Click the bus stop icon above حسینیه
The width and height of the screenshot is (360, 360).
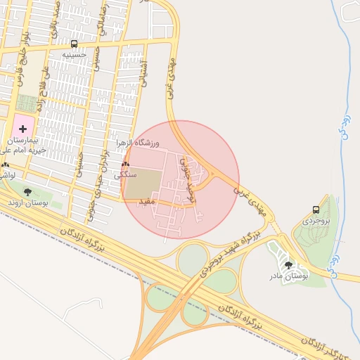[x=75, y=44]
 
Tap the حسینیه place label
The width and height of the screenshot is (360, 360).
[x=75, y=54]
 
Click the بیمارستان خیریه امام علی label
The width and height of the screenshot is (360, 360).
[x=21, y=145]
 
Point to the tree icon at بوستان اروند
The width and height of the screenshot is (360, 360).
[x=27, y=191]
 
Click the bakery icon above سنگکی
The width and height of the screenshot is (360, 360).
[x=125, y=164]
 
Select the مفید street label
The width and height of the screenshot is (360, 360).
[x=145, y=202]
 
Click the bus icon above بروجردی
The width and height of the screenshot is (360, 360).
[x=315, y=210]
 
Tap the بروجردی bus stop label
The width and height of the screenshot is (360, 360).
[x=315, y=220]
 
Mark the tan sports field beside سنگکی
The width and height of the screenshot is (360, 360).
[x=143, y=183]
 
